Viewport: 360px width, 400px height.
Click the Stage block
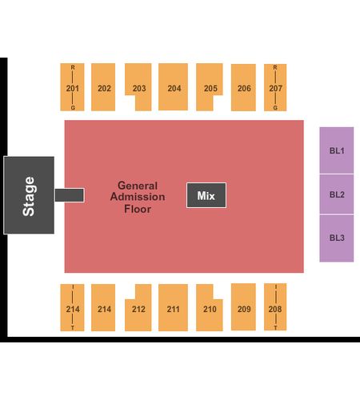click(x=29, y=195)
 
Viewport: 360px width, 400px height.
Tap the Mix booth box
click(x=206, y=195)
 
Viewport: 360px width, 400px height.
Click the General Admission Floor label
click(x=138, y=197)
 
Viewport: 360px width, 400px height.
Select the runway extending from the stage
click(x=70, y=195)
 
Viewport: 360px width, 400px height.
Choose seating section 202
click(x=103, y=87)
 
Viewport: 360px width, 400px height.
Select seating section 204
click(x=173, y=86)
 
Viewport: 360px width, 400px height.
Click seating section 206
click(x=243, y=87)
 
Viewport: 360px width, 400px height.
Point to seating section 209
click(x=243, y=307)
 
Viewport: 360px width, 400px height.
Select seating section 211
click(x=173, y=307)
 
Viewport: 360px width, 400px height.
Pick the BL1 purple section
click(x=337, y=150)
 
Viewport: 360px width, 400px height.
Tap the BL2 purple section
click(x=337, y=194)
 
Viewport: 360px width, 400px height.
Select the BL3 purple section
click(x=337, y=238)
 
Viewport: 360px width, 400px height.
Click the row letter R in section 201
click(x=73, y=67)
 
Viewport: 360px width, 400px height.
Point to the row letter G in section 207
click(x=275, y=108)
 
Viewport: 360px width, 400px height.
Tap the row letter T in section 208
click(x=275, y=328)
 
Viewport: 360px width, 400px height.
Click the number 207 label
click(x=275, y=88)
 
